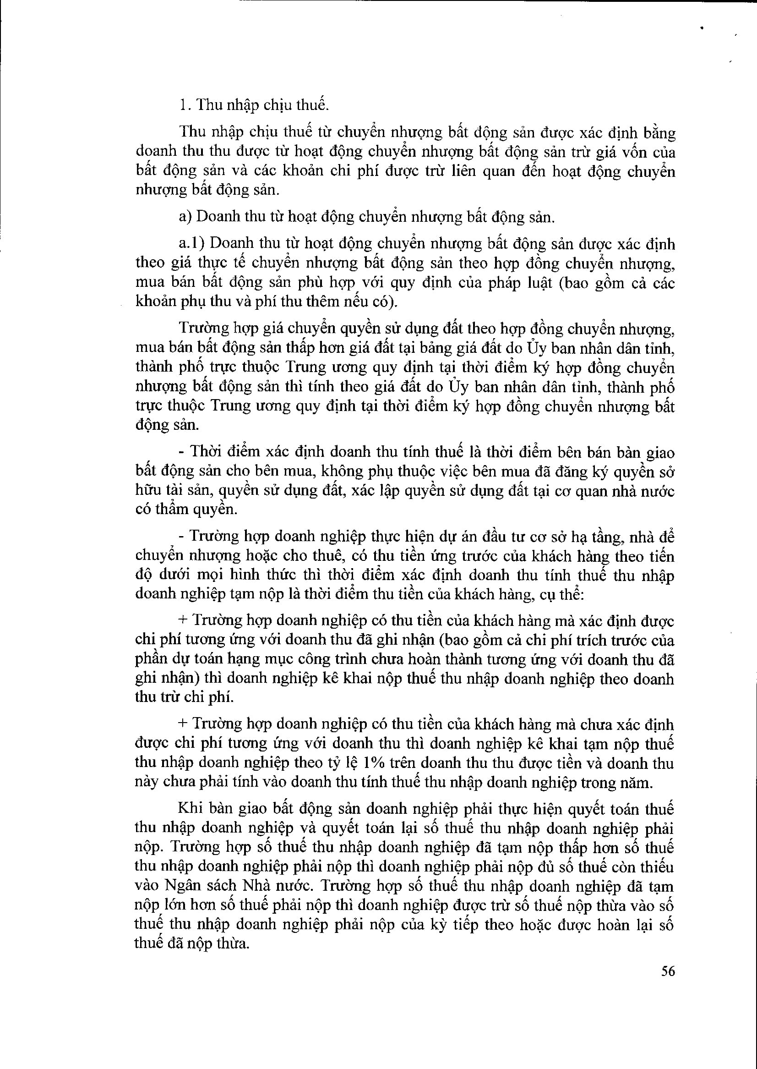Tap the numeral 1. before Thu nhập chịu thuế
pyautogui.click(x=185, y=105)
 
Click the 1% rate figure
pyautogui.click(x=372, y=763)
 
